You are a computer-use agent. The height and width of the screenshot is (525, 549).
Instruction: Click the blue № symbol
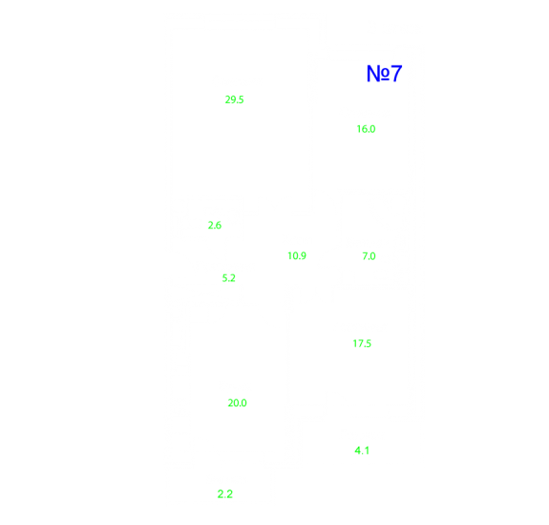click(x=378, y=74)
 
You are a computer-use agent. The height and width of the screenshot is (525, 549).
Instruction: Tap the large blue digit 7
click(x=396, y=74)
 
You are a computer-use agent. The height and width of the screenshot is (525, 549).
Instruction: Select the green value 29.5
click(x=234, y=100)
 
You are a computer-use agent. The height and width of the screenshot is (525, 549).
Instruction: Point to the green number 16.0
click(x=366, y=129)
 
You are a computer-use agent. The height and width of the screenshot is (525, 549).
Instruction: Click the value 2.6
click(x=215, y=225)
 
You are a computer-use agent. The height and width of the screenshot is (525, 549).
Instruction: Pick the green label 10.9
click(x=297, y=256)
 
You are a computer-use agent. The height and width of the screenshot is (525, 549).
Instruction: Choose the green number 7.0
click(x=369, y=256)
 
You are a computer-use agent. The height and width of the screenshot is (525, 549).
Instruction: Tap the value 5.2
click(x=228, y=278)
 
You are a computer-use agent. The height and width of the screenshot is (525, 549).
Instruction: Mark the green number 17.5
click(x=362, y=343)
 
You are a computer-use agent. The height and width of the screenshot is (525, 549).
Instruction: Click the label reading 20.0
click(x=237, y=403)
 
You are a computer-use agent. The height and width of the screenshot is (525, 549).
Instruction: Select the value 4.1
click(x=362, y=450)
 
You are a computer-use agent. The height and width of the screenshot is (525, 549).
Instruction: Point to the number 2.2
click(x=224, y=494)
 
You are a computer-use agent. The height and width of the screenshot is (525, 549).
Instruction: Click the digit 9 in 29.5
click(x=232, y=100)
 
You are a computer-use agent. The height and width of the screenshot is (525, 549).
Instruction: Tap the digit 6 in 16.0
click(x=363, y=129)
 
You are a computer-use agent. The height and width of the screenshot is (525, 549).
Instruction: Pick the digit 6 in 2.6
click(x=219, y=225)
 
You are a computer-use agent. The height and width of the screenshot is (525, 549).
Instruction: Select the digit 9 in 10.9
click(x=304, y=256)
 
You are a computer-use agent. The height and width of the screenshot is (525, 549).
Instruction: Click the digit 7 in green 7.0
click(x=365, y=256)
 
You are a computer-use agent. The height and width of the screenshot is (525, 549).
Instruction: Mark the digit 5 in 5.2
click(x=224, y=278)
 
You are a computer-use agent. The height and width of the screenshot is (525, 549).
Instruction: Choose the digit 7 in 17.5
click(x=359, y=343)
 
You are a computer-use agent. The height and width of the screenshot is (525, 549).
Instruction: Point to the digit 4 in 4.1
click(x=358, y=450)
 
